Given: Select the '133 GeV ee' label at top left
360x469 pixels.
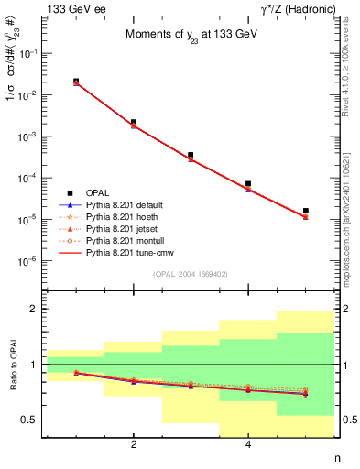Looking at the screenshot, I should [x=72, y=9].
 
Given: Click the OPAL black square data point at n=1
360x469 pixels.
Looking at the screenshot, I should [x=76, y=82].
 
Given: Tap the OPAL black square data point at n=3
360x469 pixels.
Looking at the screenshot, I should [x=191, y=155].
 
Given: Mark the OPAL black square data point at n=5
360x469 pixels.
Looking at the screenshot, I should [x=305, y=211].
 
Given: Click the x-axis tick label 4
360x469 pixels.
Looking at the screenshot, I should [x=248, y=446].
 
